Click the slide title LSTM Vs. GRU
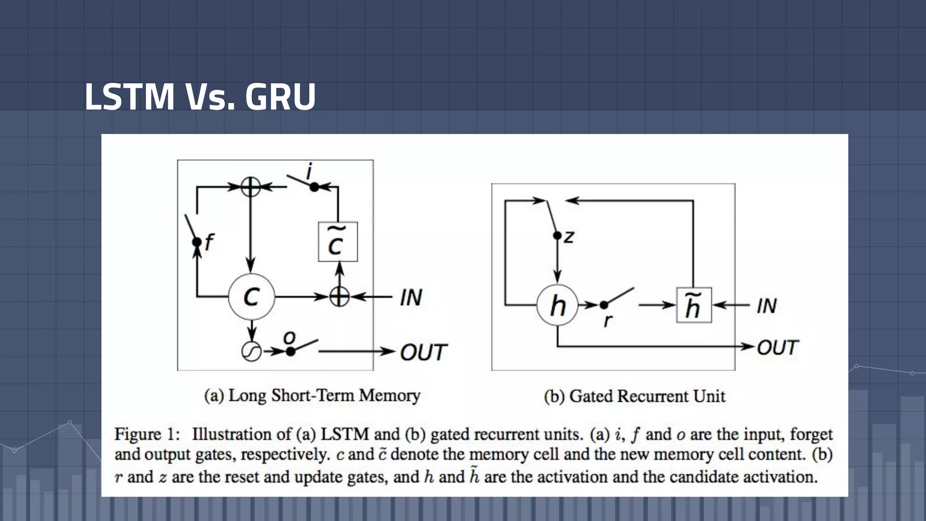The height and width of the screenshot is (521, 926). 200,97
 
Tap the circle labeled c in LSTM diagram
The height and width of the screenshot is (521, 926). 251,297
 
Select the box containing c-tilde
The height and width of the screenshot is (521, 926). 338,242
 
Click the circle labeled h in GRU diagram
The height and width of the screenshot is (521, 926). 557,305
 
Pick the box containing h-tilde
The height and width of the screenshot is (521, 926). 694,305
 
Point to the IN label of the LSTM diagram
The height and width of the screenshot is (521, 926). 411,298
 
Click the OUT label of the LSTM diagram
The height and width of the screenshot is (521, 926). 423,352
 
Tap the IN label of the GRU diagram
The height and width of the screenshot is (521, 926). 767,306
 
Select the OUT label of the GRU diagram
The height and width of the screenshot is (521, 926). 777,347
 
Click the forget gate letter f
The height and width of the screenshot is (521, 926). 208,242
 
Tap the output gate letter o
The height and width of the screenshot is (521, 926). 289,337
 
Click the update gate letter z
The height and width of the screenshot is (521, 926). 569,237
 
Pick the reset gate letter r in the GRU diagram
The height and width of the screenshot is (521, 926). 608,320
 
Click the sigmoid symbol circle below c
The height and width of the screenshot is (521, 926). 251,351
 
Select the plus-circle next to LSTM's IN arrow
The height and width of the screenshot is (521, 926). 339,297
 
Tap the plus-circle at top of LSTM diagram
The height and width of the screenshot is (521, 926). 250,186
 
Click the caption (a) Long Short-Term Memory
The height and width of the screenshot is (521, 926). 312,396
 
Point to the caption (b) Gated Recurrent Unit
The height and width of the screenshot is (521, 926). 634,397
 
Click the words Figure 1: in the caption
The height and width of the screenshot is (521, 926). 147,434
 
